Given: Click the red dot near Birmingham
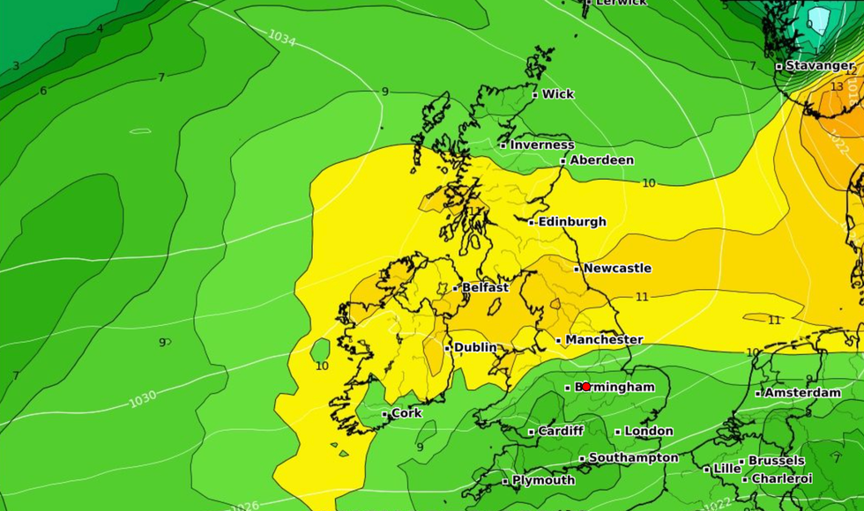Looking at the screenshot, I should pyautogui.click(x=586, y=387).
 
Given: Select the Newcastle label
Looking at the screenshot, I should pyautogui.click(x=617, y=268).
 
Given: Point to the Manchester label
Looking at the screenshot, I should pyautogui.click(x=604, y=339).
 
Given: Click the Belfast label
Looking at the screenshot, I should pyautogui.click(x=485, y=287).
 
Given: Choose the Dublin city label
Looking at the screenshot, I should pyautogui.click(x=474, y=347).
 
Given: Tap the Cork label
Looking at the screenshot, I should pyautogui.click(x=406, y=413).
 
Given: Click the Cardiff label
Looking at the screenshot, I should pyautogui.click(x=560, y=431).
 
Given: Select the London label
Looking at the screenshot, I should pyautogui.click(x=648, y=431).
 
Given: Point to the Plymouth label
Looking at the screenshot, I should pyautogui.click(x=543, y=480).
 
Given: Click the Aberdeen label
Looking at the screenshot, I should pyautogui.click(x=601, y=160).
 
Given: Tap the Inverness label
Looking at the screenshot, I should pyautogui.click(x=541, y=144).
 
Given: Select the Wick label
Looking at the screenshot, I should pyautogui.click(x=557, y=94).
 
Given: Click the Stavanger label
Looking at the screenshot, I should pyautogui.click(x=819, y=65).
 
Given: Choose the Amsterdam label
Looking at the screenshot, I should pyautogui.click(x=802, y=392).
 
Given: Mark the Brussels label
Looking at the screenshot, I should pyautogui.click(x=776, y=461).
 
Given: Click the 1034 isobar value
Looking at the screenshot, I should pyautogui.click(x=281, y=37).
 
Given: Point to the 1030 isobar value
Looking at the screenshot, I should pyautogui.click(x=143, y=399).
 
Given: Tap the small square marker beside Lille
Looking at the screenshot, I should pyautogui.click(x=707, y=469).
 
